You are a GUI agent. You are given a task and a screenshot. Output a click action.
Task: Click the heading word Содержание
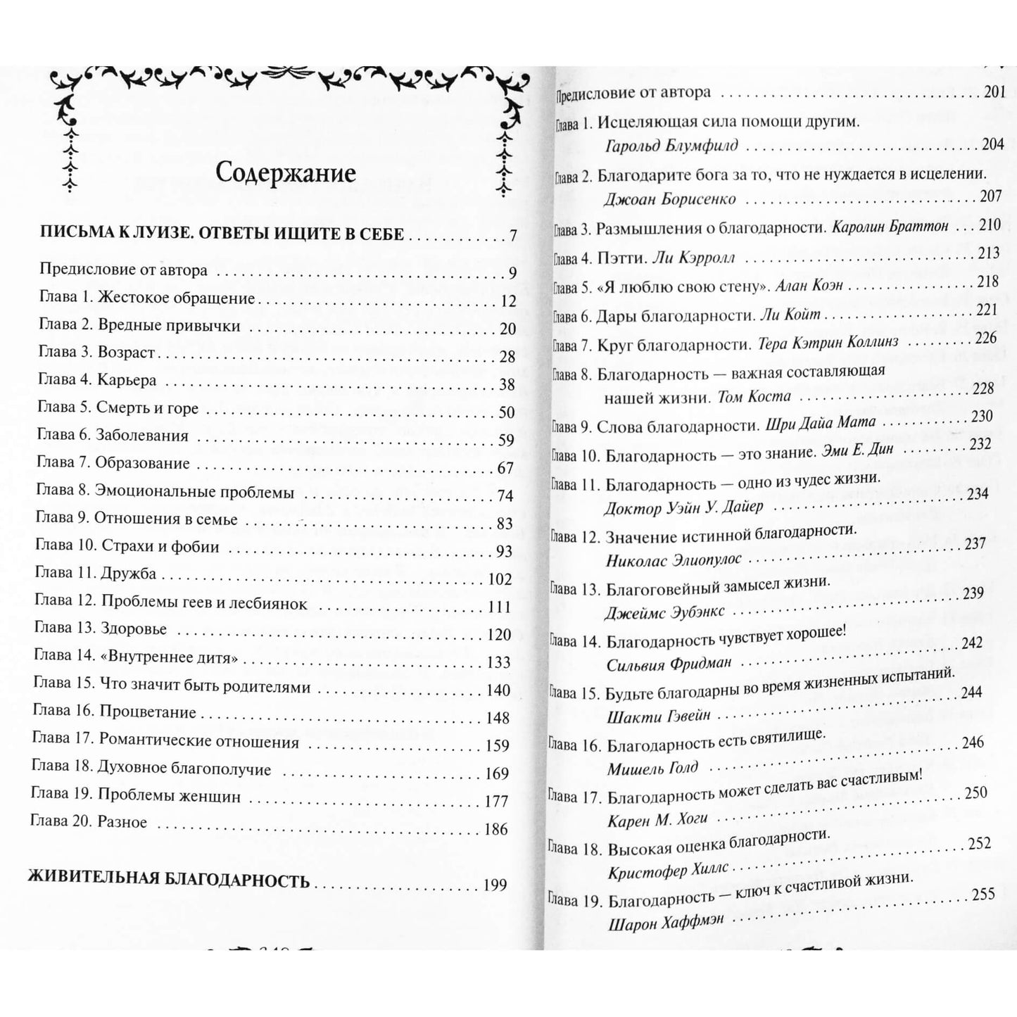(x=285, y=173)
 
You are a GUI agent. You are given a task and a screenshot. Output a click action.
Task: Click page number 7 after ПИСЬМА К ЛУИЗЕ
(x=513, y=235)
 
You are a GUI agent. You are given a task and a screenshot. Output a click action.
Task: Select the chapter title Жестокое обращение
(x=177, y=298)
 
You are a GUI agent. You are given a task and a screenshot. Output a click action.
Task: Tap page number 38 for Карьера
(x=507, y=384)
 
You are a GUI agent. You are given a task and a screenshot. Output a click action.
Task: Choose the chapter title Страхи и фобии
(x=160, y=547)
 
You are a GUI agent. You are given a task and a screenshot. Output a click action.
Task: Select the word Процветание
(x=148, y=712)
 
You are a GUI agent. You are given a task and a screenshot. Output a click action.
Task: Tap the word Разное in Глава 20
(x=122, y=822)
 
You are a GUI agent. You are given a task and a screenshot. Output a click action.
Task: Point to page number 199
(x=495, y=885)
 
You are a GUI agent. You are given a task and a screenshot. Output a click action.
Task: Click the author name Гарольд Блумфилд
(x=671, y=146)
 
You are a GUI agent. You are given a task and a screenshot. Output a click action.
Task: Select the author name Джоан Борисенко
(x=669, y=199)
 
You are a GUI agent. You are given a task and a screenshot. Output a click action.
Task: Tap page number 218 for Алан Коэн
(x=987, y=282)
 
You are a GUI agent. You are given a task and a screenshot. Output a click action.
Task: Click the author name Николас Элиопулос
(x=674, y=561)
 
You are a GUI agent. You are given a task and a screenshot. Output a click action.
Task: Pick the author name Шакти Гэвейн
(x=659, y=717)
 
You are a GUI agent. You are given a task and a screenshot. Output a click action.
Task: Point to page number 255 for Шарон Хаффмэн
(x=983, y=895)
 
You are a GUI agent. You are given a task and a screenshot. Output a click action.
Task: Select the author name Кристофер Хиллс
(x=668, y=869)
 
